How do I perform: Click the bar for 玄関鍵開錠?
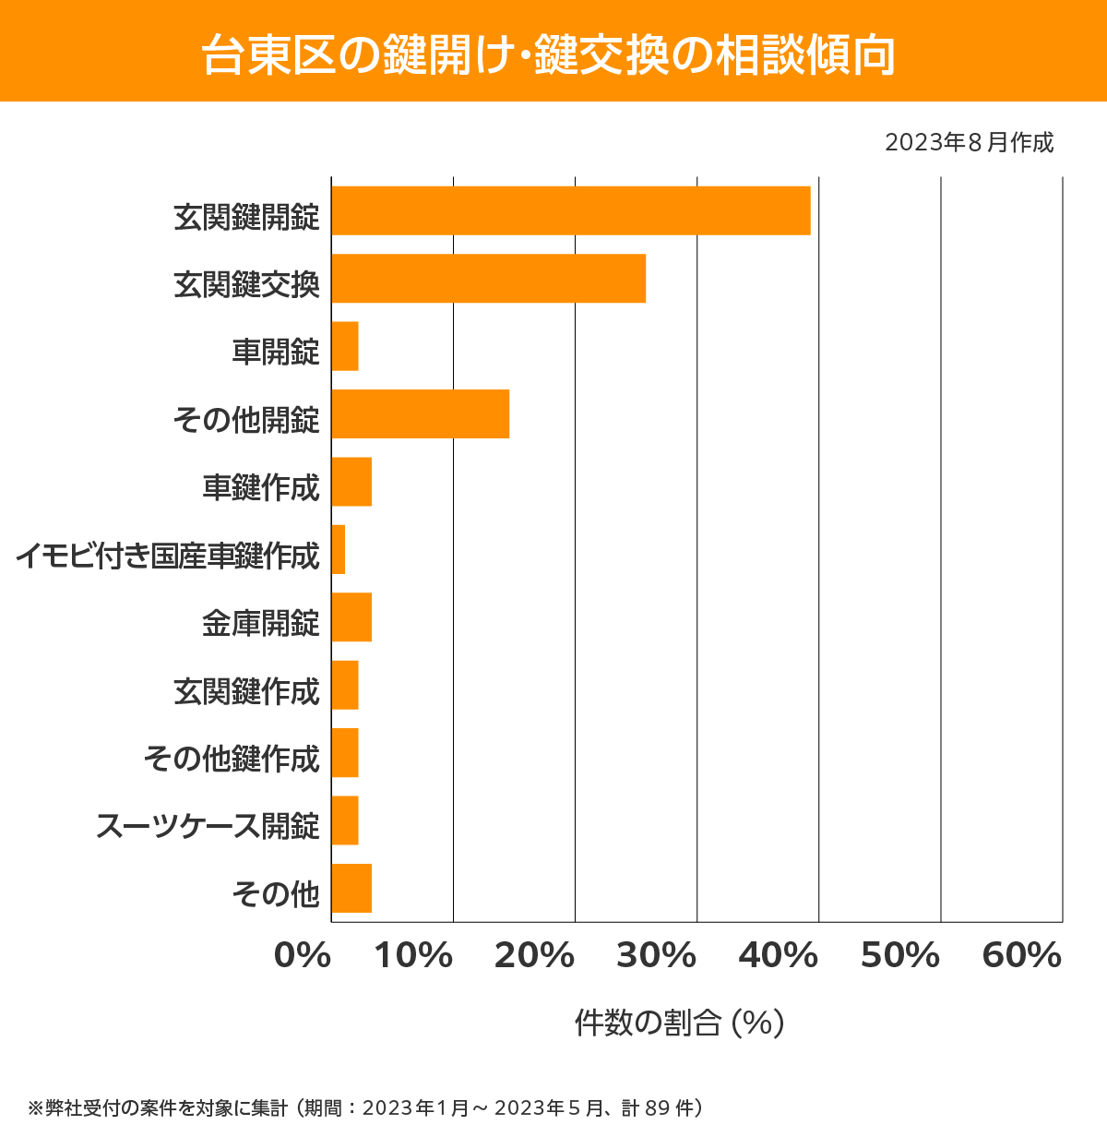tap(570, 210)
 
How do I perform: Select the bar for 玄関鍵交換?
tap(488, 278)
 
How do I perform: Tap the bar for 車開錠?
tap(345, 346)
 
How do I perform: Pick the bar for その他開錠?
tap(420, 413)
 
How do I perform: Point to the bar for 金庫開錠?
tap(351, 616)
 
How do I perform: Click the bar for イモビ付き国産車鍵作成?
tap(339, 549)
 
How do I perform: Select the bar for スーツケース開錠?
tap(345, 820)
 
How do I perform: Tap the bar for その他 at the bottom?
tap(351, 888)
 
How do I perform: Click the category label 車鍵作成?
tap(261, 486)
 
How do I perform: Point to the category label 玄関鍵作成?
tap(246, 690)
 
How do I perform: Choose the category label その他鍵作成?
tap(232, 759)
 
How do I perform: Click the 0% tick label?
tap(303, 956)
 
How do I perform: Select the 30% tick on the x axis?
tap(656, 956)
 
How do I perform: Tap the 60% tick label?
tap(1021, 956)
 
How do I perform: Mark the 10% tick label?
tap(412, 956)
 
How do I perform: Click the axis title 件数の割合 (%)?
tap(679, 1023)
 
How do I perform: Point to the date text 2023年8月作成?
tap(969, 143)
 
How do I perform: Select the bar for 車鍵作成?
tap(351, 482)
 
